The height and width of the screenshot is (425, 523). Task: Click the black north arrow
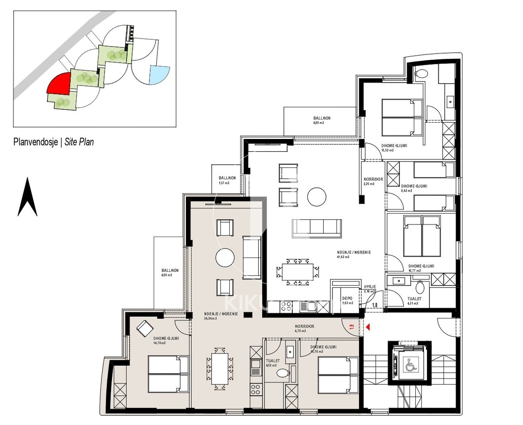click(x=27, y=197)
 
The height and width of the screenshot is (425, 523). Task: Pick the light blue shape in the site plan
click(x=159, y=74)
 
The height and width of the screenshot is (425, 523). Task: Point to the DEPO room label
click(x=347, y=298)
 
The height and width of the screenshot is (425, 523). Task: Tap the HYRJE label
click(x=370, y=287)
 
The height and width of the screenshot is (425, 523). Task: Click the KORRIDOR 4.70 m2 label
click(x=305, y=328)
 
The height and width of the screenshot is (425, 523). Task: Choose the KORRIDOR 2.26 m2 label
click(x=373, y=181)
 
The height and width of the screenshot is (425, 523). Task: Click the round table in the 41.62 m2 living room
click(x=317, y=196)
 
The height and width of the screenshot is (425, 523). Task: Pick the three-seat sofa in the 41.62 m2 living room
click(x=317, y=228)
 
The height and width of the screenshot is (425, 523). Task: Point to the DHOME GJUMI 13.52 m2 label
click(x=394, y=147)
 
